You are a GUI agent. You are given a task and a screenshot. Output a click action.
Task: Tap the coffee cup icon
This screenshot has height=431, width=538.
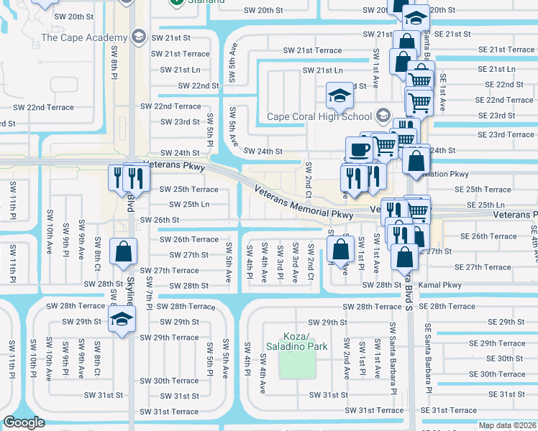[x=358, y=149]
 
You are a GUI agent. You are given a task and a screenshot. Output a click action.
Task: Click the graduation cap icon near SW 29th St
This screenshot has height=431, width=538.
[x=122, y=320]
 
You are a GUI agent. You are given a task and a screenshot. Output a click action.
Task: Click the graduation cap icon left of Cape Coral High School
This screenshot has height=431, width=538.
[x=339, y=94]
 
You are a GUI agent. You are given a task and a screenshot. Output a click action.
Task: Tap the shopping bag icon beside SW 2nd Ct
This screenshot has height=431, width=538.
[x=339, y=249]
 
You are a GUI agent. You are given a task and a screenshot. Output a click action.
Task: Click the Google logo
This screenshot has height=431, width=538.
[x=24, y=422]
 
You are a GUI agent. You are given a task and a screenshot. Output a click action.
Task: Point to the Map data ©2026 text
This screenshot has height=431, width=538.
[x=507, y=425]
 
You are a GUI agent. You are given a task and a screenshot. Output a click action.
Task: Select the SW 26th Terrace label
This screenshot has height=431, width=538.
[x=188, y=239]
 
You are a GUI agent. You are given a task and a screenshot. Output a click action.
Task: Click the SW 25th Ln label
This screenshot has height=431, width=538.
[x=185, y=204]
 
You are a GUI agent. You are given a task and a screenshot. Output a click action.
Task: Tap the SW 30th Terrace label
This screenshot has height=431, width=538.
[x=169, y=381]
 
